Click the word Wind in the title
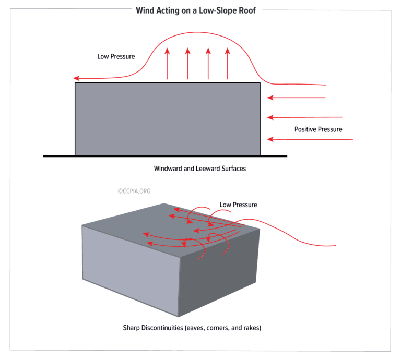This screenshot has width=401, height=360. (146, 10)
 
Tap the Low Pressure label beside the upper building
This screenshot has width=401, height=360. (116, 56)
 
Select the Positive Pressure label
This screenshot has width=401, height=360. (318, 129)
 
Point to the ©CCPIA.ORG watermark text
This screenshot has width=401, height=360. (134, 191)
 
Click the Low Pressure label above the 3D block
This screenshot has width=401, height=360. (238, 205)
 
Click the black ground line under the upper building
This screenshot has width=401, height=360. (165, 156)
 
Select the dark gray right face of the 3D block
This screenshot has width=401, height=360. (219, 271)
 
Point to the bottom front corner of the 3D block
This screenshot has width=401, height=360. (179, 316)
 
